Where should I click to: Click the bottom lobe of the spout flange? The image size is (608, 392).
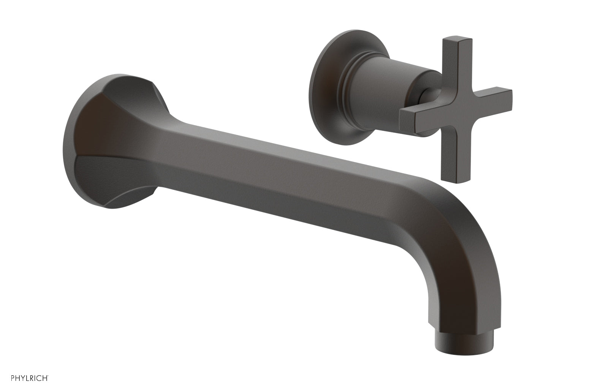pyautogui.click(x=114, y=198)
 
